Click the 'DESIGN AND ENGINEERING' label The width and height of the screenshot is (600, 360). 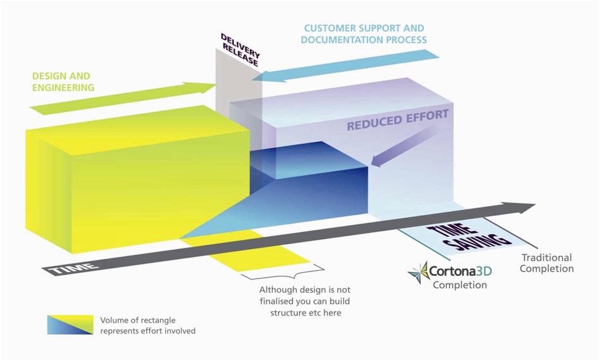(x=63, y=82)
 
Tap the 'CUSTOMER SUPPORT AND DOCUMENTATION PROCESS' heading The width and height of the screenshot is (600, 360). (x=363, y=34)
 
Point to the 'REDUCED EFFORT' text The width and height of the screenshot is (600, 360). (x=397, y=120)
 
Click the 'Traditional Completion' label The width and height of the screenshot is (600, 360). (x=546, y=263)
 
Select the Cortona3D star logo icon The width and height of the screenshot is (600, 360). (x=418, y=273)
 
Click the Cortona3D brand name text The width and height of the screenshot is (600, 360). (x=460, y=271)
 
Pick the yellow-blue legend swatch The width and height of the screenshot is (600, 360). (x=70, y=325)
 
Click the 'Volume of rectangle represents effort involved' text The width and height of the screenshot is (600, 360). (x=147, y=326)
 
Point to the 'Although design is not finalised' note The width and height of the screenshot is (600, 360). (x=304, y=301)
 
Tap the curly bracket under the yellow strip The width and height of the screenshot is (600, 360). (x=283, y=273)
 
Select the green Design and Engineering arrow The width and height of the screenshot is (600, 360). (x=123, y=98)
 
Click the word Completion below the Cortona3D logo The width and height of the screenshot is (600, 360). (x=460, y=285)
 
